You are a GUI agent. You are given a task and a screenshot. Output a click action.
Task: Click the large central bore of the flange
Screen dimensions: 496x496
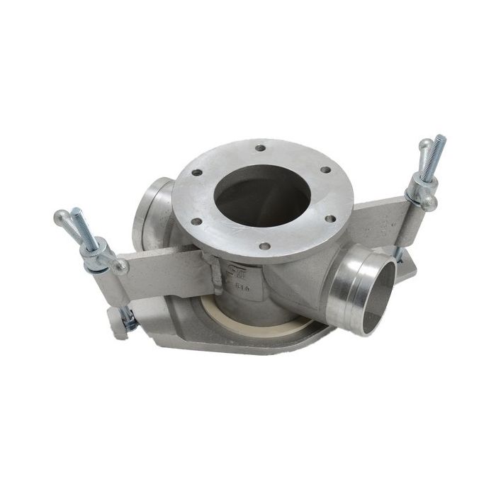(x=262, y=195)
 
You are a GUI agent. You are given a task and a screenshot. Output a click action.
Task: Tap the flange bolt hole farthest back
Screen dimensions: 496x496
(x=261, y=148)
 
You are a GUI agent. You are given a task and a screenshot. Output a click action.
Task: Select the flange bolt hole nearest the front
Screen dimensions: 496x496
(x=264, y=247)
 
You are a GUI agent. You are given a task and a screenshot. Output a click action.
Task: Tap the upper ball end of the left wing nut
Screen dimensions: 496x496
(x=60, y=216)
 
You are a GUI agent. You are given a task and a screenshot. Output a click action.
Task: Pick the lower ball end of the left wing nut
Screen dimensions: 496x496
(x=120, y=267)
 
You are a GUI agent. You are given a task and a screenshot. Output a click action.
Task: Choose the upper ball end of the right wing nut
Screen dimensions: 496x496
(x=424, y=145)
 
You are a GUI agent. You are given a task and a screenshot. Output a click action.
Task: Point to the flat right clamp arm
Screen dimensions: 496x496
(x=383, y=220)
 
